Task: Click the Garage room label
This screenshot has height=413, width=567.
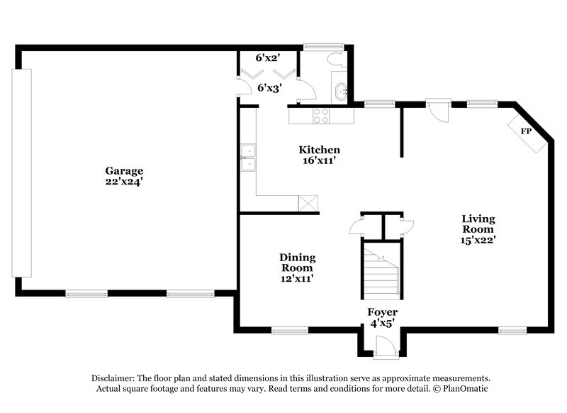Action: [x=125, y=170]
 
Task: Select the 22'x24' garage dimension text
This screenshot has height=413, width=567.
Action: [x=125, y=182]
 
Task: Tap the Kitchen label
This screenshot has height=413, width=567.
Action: [x=319, y=150]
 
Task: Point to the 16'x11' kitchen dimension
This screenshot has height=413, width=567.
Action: [x=319, y=160]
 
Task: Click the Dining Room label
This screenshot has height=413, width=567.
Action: [x=297, y=263]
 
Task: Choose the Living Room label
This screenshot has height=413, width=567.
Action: [x=478, y=224]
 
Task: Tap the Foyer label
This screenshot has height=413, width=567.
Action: [x=382, y=312]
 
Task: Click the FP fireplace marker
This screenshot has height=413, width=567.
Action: [x=526, y=131]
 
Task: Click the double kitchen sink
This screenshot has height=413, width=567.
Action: [x=248, y=158]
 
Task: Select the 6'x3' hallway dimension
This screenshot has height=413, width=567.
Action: [x=268, y=88]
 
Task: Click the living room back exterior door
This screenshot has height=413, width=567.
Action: [x=437, y=111]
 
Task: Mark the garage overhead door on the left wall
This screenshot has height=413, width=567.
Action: [x=26, y=172]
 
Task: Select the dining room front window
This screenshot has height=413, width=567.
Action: [x=290, y=329]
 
